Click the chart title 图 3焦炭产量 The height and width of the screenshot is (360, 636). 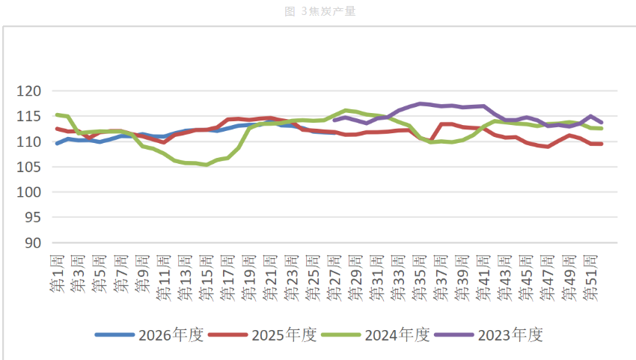pos(320,11)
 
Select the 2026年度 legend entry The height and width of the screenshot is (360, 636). pos(149,335)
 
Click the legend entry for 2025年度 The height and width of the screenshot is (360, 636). pos(263,335)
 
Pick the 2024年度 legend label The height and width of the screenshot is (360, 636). pos(376,335)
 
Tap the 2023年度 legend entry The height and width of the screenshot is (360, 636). pos(489,335)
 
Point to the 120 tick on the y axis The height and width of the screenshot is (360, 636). pos(28,91)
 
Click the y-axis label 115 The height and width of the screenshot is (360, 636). pos(28,117)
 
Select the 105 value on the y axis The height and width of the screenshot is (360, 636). pos(28,167)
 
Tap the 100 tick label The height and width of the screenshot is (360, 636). pos(28,192)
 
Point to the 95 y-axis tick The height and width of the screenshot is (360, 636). pos(33,218)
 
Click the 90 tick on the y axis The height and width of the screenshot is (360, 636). pos(33,242)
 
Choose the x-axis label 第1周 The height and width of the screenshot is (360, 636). pos(57,273)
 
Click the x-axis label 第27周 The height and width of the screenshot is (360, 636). pos(334,278)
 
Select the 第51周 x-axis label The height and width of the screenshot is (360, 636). pos(590,278)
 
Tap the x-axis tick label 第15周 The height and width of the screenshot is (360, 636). pos(207,278)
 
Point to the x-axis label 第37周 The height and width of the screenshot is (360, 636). pos(441,278)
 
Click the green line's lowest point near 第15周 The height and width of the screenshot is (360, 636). pos(207,165)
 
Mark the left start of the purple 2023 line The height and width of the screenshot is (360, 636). pos(334,120)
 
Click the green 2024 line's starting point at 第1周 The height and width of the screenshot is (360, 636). pos(57,115)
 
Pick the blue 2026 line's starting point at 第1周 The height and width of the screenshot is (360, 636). pos(57,143)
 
